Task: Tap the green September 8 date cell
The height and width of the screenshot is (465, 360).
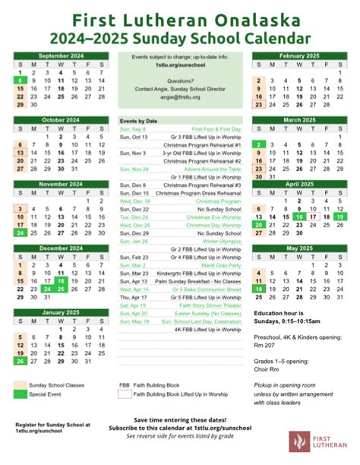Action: (19, 80)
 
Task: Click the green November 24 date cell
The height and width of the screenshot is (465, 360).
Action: (19, 232)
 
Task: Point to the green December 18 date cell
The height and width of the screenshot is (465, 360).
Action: (61, 280)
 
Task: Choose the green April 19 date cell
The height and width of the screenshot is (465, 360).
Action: (339, 217)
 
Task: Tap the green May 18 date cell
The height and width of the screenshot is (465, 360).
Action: (260, 289)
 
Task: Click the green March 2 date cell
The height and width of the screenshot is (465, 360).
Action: (260, 144)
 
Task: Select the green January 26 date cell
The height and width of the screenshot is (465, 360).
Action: (19, 361)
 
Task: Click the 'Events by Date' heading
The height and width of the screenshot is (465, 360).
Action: (138, 121)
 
